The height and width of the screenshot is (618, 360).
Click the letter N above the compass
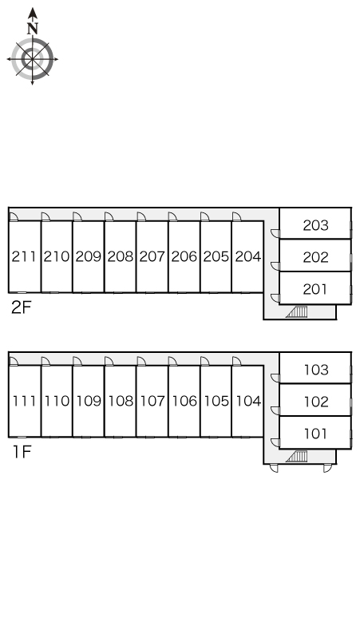coord(33,29)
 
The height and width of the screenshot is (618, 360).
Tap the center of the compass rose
coord(32,60)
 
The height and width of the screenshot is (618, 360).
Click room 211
coord(25,256)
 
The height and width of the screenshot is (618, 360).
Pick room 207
coord(152,256)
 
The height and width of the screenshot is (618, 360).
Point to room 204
coord(247,256)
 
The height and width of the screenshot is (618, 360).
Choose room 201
coord(315,288)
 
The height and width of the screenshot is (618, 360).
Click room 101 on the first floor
coord(315,433)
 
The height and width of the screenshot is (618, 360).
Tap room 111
coord(25,402)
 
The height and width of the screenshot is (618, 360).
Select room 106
coord(184,402)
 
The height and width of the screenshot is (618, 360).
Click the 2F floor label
coord(21,308)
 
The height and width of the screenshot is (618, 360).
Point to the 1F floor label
coord(22,452)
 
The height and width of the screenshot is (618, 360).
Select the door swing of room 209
coord(77,216)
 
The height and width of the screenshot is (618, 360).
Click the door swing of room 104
coord(236,362)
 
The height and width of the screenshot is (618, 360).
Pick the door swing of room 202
coord(275,266)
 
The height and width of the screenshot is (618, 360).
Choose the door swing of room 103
coord(275,378)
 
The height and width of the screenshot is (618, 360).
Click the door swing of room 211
coord(14,216)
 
